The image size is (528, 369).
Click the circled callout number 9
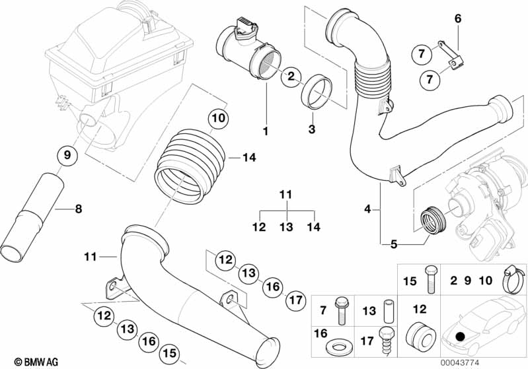pyautogui.click(x=67, y=156)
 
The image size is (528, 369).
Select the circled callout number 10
pyautogui.click(x=218, y=119)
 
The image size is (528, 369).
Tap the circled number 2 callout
pyautogui.click(x=289, y=77)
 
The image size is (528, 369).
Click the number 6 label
pyautogui.click(x=457, y=18)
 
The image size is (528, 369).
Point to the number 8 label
pyautogui.click(x=78, y=209)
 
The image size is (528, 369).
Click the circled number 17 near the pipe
pyautogui.click(x=296, y=300)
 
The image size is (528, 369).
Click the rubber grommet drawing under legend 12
pyautogui.click(x=417, y=337)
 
